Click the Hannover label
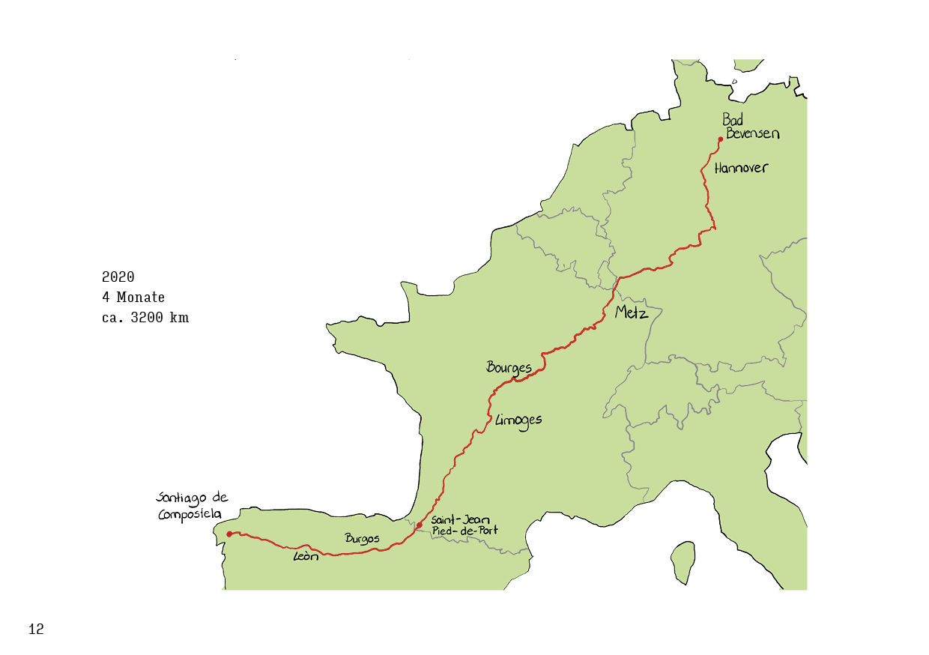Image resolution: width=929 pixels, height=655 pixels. tap(741, 168)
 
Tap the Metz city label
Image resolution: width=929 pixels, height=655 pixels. tap(631, 313)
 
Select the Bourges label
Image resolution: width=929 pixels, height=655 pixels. tap(509, 367)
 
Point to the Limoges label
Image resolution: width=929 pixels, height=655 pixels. tap(518, 420)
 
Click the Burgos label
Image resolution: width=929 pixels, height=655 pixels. tap(362, 538)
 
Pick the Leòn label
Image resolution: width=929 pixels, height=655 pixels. tap(306, 556)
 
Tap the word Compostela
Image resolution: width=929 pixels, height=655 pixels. tap(190, 515)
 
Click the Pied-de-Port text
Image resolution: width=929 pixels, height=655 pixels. tap(464, 531)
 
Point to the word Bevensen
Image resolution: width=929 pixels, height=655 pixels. tap(752, 133)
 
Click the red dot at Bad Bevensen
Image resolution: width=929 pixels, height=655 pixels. tap(720, 139)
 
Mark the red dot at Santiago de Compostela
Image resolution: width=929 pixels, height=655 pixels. tap(229, 534)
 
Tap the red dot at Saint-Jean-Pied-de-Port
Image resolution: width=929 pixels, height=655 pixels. tap(420, 525)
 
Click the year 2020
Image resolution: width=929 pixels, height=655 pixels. tap(118, 277)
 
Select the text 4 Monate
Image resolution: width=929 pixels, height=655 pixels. tap(133, 298)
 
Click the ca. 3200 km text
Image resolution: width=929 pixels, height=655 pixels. tap(145, 318)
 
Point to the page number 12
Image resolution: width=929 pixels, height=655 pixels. tap(36, 630)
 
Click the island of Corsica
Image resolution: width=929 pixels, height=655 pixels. tap(683, 562)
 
